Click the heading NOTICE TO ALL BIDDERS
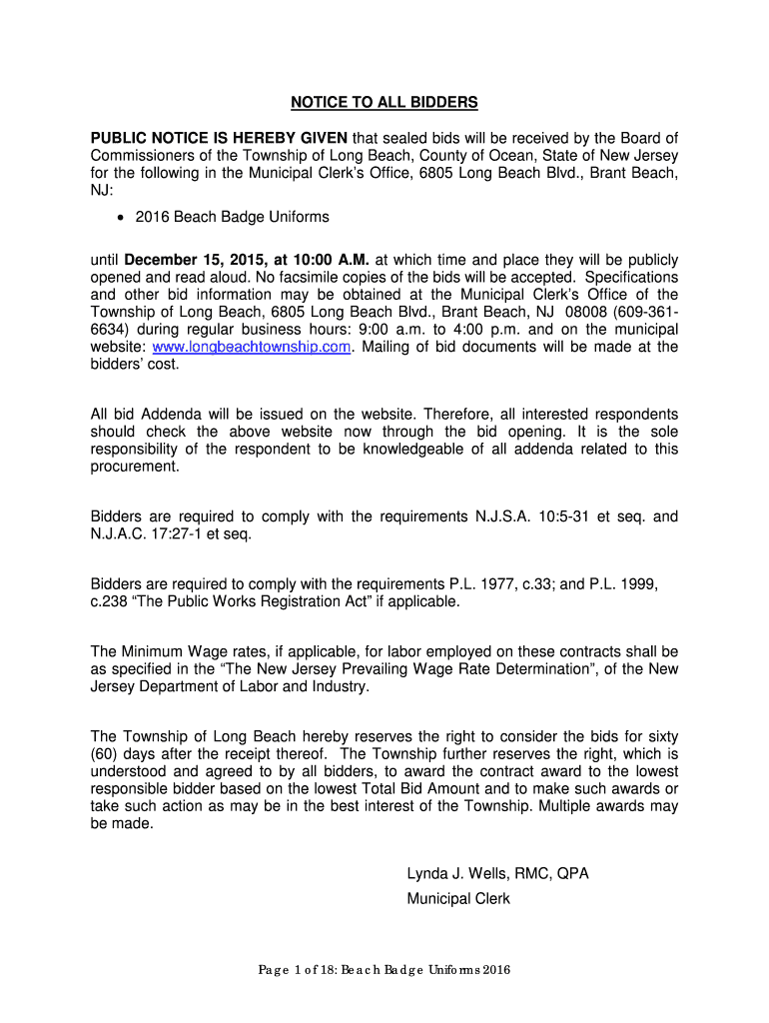(x=384, y=102)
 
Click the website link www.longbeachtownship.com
(x=253, y=347)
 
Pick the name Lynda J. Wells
(x=451, y=873)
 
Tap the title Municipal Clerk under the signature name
(x=457, y=898)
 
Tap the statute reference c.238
(x=110, y=601)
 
